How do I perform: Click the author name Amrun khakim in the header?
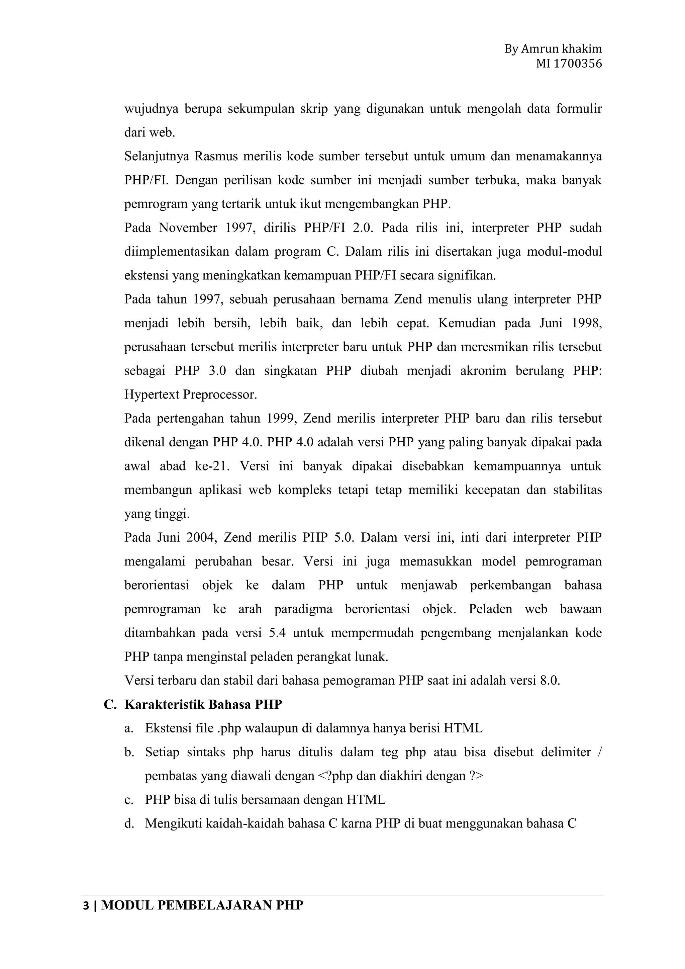coord(561,49)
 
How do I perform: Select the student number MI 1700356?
coord(569,64)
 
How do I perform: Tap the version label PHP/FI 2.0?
coord(339,228)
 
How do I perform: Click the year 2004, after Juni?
coord(202,538)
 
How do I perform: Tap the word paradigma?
coord(303,609)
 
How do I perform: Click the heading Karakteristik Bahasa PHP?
coord(203,705)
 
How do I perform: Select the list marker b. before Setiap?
coord(129,753)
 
